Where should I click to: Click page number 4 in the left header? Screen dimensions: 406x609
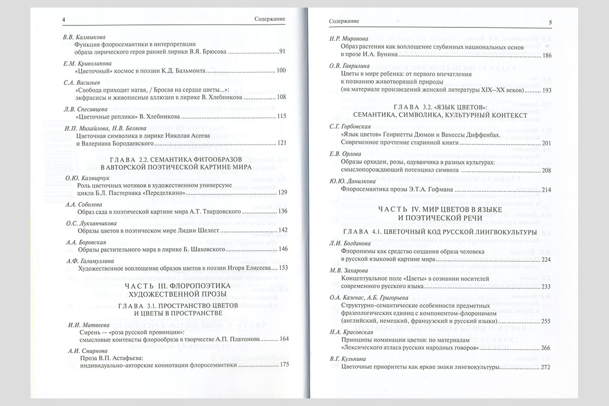point(64,20)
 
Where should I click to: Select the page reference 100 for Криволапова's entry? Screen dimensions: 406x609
point(282,71)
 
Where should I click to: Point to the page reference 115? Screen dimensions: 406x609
point(282,116)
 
